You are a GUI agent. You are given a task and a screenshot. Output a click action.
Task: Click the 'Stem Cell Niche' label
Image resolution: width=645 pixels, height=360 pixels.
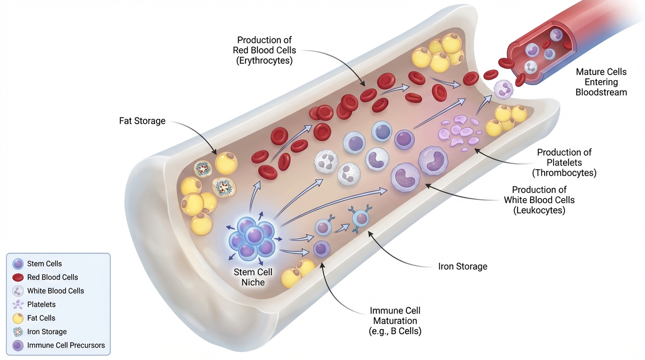point(253,277)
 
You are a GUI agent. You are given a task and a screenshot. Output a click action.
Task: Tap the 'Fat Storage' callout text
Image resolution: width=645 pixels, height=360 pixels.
point(142,121)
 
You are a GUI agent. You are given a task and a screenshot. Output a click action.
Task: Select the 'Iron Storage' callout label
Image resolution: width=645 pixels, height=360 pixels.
point(462,266)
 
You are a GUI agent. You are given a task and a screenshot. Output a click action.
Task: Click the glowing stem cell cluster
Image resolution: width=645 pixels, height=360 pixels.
point(252,238)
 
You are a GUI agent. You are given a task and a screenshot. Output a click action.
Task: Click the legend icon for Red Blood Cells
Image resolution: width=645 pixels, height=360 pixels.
point(18,277)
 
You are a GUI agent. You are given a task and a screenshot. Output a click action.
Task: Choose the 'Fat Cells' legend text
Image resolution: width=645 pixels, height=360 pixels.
point(41,318)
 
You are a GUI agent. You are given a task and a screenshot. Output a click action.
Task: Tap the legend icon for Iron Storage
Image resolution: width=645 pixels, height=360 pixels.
point(18,332)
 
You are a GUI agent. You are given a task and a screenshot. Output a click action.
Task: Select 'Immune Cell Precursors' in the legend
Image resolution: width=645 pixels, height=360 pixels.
point(66,345)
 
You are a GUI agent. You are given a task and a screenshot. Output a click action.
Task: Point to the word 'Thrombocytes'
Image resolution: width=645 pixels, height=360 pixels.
point(564,173)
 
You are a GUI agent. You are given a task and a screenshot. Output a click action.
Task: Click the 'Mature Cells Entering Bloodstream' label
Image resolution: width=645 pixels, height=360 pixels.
point(601,82)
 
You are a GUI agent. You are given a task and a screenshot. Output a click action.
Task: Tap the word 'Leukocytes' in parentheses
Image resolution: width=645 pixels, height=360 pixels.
point(539,210)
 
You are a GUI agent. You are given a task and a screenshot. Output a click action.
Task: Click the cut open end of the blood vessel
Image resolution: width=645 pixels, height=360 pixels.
point(539,52)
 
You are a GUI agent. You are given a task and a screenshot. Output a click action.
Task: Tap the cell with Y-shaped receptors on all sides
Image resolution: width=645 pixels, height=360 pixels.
point(360,218)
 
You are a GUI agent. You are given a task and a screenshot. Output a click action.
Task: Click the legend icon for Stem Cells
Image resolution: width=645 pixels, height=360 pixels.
point(18,263)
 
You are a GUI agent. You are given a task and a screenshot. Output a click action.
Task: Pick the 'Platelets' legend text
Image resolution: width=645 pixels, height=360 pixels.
point(41,304)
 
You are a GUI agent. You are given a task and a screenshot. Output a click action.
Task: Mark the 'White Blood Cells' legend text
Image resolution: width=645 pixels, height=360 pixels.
point(55,291)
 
